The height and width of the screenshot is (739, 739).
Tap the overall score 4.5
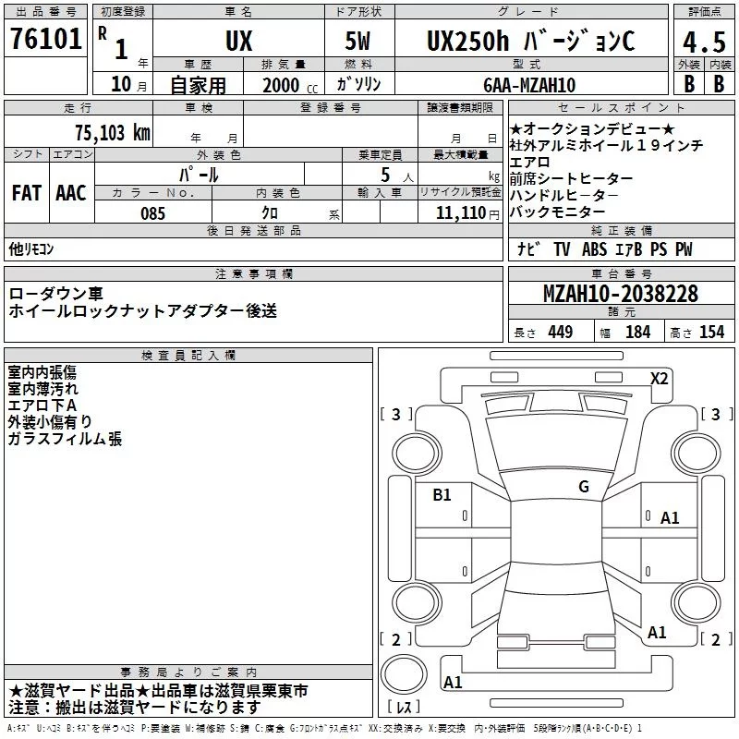coord(703,42)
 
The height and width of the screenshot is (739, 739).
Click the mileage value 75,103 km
coord(110,132)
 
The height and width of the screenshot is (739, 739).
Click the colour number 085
coord(152,213)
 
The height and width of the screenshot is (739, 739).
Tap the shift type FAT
coord(27,193)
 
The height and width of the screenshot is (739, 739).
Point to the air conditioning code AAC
coord(71,193)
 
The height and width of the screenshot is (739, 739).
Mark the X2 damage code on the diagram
coord(660,378)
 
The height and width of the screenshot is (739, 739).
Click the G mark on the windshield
coord(584,487)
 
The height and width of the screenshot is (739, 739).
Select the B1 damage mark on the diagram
coord(442,495)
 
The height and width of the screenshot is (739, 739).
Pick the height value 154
coord(711,333)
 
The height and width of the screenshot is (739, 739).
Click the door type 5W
coord(360,42)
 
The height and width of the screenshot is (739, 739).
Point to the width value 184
coord(638,333)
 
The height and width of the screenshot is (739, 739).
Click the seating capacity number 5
coord(382,175)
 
